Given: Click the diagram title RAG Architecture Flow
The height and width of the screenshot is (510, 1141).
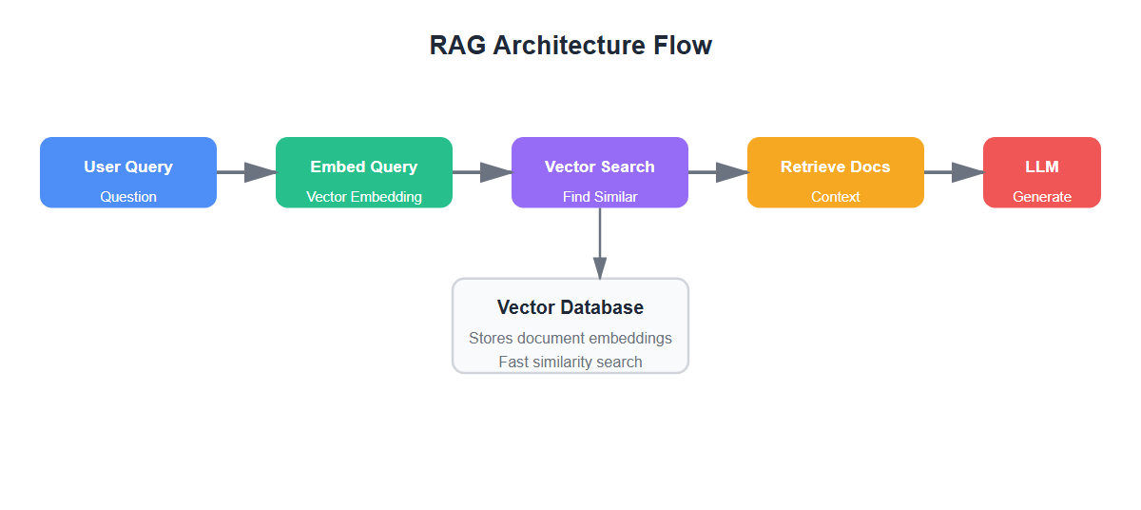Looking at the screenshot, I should click(570, 46).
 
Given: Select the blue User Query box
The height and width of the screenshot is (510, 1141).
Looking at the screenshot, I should click(128, 172).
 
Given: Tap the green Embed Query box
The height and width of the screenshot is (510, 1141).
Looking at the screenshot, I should click(364, 172).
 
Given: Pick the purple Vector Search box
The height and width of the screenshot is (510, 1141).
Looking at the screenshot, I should click(600, 172).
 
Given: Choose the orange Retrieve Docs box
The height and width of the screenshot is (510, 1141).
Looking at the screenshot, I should click(836, 172).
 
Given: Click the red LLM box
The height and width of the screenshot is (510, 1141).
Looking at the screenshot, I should click(1042, 172).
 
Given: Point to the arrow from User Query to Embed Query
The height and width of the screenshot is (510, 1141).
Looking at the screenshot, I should click(246, 172).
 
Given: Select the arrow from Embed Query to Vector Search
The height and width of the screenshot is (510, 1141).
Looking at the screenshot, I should click(482, 172).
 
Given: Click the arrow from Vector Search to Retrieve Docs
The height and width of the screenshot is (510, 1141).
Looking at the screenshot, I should click(718, 172).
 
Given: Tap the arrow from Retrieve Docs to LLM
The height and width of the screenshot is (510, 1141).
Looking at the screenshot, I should click(954, 172).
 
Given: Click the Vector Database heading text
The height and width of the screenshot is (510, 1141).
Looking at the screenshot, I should click(570, 307).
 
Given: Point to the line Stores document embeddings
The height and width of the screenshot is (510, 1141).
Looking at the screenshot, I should click(570, 338).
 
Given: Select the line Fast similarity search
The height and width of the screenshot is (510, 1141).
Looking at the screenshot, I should click(570, 362).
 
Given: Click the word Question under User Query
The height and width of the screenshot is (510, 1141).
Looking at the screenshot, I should click(128, 197).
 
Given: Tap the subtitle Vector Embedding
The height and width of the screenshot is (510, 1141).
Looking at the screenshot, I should click(364, 197).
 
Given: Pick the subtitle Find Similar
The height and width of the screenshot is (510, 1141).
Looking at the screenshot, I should click(600, 197).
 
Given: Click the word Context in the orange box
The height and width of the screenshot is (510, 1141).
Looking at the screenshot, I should click(836, 197).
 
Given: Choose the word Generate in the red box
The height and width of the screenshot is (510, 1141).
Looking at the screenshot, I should click(1042, 197).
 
